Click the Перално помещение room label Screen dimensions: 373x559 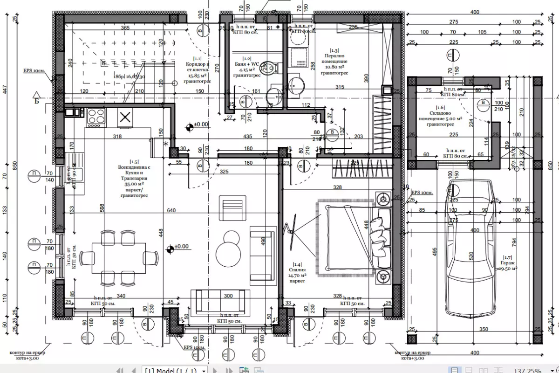tap(334, 61)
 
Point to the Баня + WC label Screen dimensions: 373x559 tap(247, 66)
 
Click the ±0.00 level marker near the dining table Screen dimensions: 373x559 tap(179, 247)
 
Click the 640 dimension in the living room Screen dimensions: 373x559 tap(171, 211)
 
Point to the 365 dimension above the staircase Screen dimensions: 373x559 tap(125, 28)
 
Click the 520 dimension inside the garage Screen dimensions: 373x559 tap(471, 256)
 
